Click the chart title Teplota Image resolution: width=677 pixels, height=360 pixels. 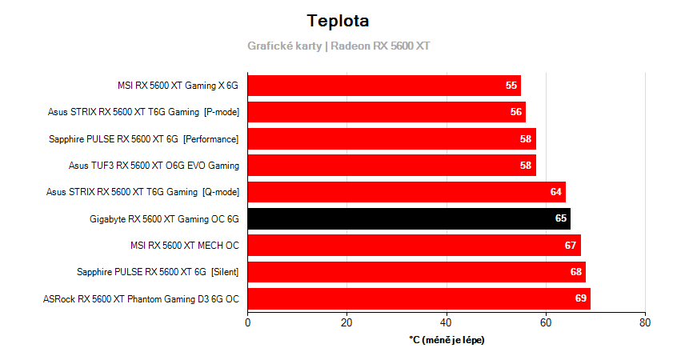point(338,21)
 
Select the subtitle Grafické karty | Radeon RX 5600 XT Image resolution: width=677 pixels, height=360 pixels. point(338,46)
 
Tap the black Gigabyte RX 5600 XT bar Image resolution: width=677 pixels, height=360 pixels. point(408,218)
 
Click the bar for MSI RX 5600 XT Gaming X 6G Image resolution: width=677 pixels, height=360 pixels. point(384,85)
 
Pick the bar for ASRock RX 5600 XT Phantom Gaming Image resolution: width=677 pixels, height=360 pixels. point(419,299)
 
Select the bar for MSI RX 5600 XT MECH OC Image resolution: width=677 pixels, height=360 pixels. point(414,245)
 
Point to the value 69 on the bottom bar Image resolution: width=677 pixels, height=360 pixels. point(581,299)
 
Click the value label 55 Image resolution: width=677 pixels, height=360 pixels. point(511,86)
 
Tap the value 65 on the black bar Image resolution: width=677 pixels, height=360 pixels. point(561,218)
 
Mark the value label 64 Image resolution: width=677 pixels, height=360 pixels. point(556,192)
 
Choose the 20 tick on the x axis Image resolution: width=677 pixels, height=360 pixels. point(347,323)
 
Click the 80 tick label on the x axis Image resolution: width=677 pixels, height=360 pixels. point(645,323)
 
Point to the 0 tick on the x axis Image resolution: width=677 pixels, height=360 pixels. point(247,323)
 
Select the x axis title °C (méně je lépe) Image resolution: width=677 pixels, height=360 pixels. point(447,340)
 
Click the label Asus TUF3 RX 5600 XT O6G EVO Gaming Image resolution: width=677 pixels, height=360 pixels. point(154,166)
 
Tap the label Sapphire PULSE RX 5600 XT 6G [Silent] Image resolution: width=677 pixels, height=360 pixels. point(158,272)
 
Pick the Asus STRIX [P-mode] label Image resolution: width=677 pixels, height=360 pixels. point(143,112)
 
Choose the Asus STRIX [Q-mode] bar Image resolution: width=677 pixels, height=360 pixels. point(406,192)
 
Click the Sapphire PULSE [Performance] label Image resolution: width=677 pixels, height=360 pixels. point(144,139)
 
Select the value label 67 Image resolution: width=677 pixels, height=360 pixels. point(571,246)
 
